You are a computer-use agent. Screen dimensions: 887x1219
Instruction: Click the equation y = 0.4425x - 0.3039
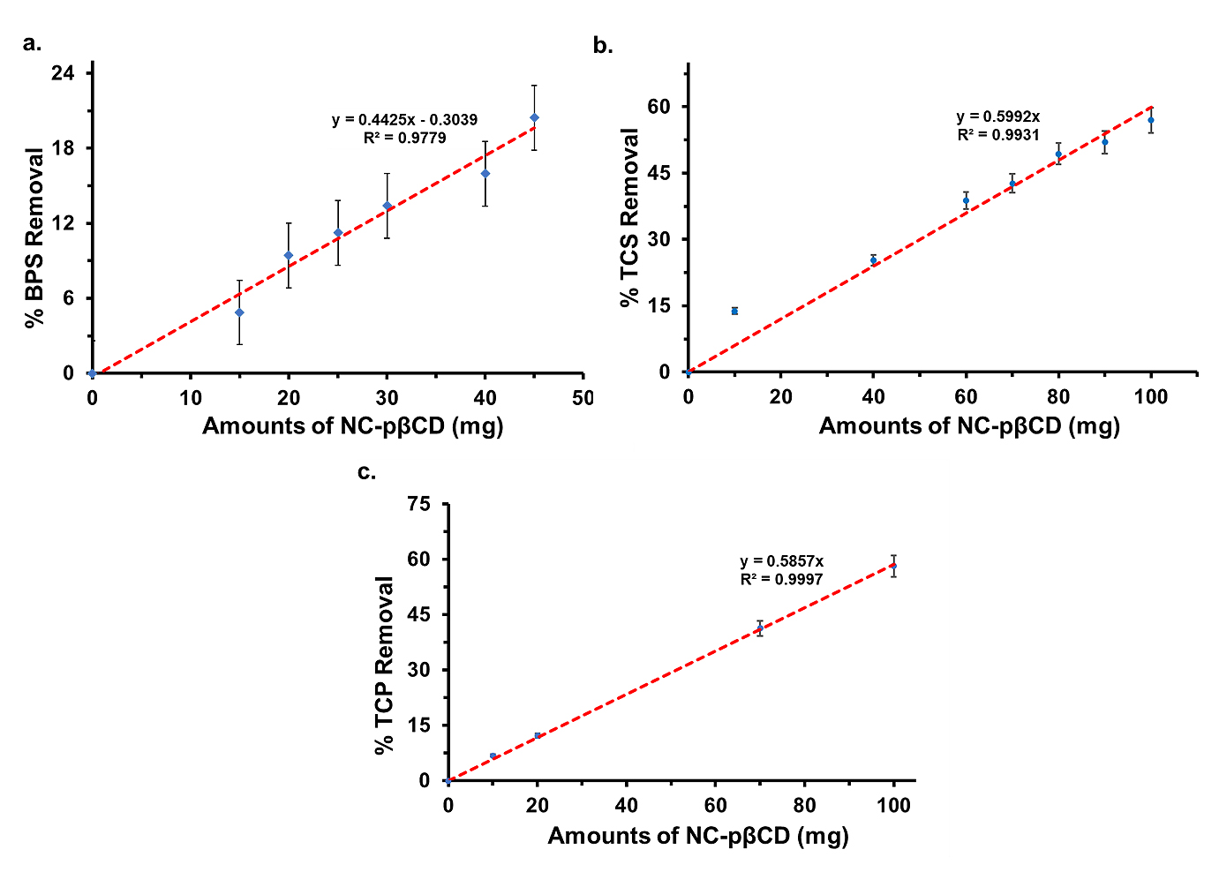click(x=405, y=120)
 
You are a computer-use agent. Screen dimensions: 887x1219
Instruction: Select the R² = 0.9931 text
click(x=998, y=135)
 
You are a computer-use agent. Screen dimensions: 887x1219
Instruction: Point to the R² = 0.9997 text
click(x=781, y=580)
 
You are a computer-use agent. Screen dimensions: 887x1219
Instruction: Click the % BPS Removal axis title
click(x=34, y=238)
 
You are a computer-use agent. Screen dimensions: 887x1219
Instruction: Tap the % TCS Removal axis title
click(x=630, y=217)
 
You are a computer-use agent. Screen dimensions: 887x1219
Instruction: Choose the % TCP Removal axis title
click(x=384, y=665)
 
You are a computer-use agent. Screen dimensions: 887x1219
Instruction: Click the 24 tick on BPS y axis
click(x=62, y=72)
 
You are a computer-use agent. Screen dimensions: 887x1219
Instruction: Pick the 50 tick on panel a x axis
click(x=583, y=398)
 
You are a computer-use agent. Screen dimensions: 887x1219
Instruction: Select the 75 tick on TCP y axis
click(x=418, y=504)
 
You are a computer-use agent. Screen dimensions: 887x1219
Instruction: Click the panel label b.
click(x=603, y=46)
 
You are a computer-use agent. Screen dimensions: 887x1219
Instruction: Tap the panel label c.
click(x=366, y=472)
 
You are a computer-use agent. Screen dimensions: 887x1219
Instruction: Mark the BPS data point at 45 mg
click(x=534, y=117)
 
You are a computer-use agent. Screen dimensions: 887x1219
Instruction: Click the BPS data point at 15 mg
click(x=239, y=312)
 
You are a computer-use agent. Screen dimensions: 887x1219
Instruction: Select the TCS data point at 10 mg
click(x=734, y=311)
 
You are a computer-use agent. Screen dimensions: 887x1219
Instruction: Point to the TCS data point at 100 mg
click(x=1150, y=120)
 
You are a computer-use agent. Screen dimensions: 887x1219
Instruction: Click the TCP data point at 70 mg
click(x=759, y=628)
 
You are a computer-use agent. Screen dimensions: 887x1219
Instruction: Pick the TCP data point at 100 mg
click(x=893, y=566)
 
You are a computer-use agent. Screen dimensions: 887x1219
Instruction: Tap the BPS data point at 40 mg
click(x=485, y=173)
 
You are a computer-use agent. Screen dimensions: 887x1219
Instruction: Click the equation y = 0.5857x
click(x=781, y=561)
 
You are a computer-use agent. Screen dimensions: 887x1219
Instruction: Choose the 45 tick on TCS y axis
click(x=658, y=173)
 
